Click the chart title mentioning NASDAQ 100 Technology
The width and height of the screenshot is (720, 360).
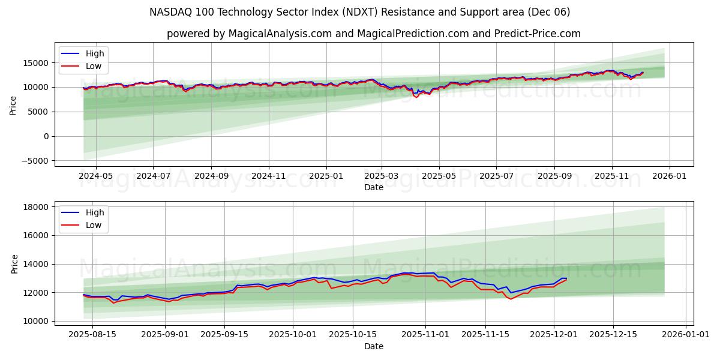360,12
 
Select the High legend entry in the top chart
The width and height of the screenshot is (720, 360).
94,53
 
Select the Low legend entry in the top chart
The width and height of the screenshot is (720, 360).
93,66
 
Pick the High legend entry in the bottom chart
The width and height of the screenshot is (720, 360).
94,212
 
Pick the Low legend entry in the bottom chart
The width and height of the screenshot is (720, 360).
93,225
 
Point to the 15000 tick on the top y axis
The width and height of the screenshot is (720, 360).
36,62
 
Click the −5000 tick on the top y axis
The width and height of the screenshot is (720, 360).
35,161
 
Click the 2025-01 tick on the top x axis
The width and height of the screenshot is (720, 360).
326,176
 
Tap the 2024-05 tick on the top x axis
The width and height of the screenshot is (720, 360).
96,176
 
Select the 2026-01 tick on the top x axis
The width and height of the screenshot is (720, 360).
669,176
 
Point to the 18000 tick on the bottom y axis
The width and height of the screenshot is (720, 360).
36,207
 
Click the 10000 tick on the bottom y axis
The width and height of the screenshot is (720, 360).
36,321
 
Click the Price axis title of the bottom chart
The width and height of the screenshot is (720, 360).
14,263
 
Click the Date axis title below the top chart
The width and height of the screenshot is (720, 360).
374,187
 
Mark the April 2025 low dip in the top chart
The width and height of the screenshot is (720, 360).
416,97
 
